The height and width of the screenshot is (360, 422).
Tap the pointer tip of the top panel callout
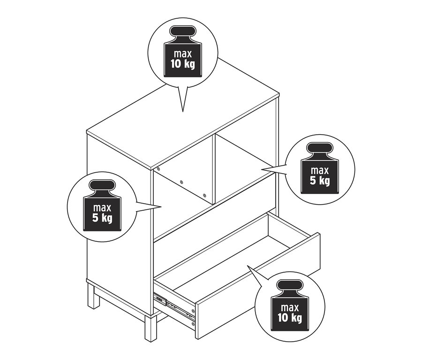[182, 112]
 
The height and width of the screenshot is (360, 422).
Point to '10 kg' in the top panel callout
[182, 63]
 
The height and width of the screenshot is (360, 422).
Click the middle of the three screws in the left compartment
[181, 181]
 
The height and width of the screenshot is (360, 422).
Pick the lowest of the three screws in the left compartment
[204, 194]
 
